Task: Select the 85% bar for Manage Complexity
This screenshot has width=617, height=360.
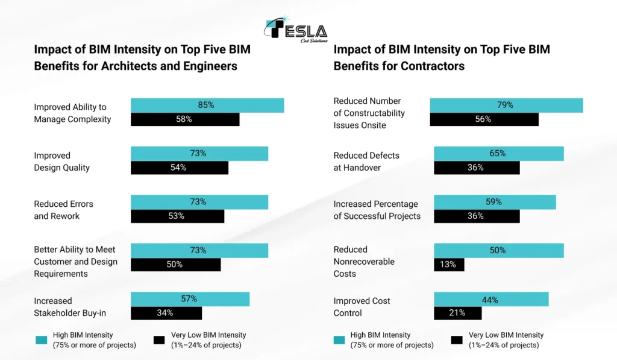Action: (207, 105)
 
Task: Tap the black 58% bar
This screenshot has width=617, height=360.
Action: (184, 119)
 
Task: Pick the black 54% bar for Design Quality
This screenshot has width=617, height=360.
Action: (179, 168)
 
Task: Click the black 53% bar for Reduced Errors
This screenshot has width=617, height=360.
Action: (177, 216)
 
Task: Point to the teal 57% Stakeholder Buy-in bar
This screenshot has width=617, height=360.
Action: (189, 298)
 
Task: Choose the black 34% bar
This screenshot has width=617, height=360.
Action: (166, 313)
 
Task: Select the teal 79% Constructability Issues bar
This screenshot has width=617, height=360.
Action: (506, 105)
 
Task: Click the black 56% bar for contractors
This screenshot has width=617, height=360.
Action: (483, 119)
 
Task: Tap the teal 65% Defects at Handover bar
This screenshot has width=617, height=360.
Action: (498, 154)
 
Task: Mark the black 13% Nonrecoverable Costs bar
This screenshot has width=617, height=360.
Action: (448, 264)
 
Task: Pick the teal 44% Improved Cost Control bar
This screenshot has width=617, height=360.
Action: (490, 298)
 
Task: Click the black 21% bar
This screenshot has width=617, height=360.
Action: (457, 313)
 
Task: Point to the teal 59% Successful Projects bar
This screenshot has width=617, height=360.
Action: (494, 202)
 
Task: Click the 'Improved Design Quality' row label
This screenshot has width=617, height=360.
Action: (61, 162)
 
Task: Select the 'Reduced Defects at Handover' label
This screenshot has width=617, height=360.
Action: (366, 162)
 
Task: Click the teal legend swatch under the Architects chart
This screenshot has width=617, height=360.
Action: (41, 340)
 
